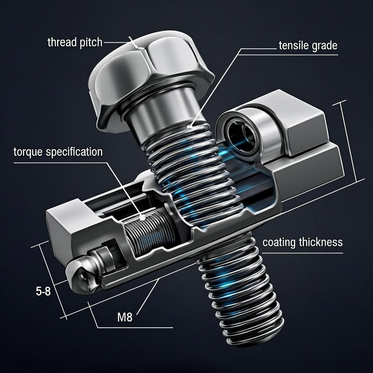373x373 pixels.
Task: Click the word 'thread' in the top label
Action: point(62,42)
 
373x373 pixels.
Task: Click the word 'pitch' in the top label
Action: point(91,43)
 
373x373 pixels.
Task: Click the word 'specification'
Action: point(74,152)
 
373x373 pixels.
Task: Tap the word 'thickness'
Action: point(321,242)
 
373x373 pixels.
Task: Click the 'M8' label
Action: point(125,317)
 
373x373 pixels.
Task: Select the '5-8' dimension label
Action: point(43,291)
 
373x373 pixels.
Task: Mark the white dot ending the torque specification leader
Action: point(142,217)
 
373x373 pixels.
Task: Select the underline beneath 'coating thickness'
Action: point(302,253)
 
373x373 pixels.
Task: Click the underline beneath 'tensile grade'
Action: point(288,55)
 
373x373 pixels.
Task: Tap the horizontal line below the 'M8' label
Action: point(135,327)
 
